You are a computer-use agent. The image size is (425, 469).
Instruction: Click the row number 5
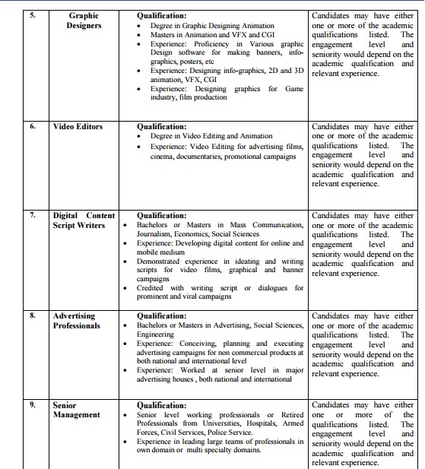(33, 14)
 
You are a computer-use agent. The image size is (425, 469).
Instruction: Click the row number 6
(33, 126)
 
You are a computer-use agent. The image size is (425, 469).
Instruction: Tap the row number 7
(33, 216)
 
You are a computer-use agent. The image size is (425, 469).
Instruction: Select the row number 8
(33, 315)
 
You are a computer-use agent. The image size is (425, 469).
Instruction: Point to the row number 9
(33, 405)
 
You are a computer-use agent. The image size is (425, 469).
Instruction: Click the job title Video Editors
(78, 126)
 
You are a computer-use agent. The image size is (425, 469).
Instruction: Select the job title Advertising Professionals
(76, 321)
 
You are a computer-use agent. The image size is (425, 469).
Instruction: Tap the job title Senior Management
(76, 410)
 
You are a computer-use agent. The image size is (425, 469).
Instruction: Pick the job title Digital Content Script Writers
(84, 220)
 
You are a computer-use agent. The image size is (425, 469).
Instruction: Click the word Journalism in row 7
(157, 234)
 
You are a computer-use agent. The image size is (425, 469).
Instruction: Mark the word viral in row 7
(223, 296)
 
